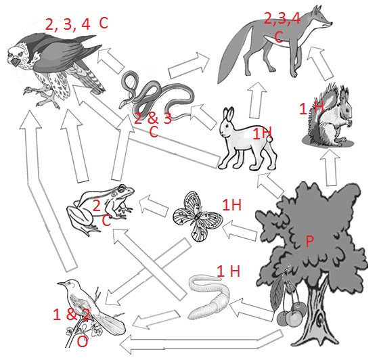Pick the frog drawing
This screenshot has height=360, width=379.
click(102, 206)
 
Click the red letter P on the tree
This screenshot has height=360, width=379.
click(309, 242)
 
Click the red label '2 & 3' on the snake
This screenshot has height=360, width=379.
click(152, 118)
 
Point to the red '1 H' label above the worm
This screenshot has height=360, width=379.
click(229, 271)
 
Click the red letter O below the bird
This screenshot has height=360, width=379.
click(82, 342)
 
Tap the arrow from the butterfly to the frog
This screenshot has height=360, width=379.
click(152, 201)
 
